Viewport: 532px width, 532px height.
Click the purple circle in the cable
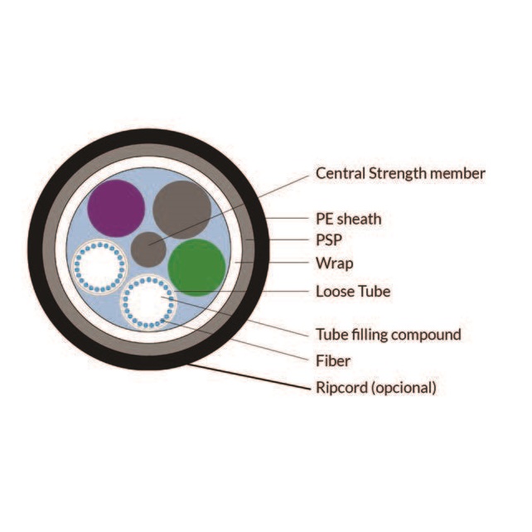pyautogui.click(x=117, y=208)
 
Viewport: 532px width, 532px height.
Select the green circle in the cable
pyautogui.click(x=197, y=267)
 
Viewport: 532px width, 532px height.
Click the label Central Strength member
pyautogui.click(x=400, y=173)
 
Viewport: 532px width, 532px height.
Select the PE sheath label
pyautogui.click(x=349, y=219)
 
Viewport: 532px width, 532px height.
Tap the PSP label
pyautogui.click(x=329, y=241)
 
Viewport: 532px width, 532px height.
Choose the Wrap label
pyautogui.click(x=334, y=264)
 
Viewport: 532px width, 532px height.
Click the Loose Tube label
pyautogui.click(x=353, y=292)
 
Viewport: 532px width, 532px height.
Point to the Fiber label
pyautogui.click(x=333, y=360)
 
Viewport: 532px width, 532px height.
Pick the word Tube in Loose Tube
pyautogui.click(x=374, y=292)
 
